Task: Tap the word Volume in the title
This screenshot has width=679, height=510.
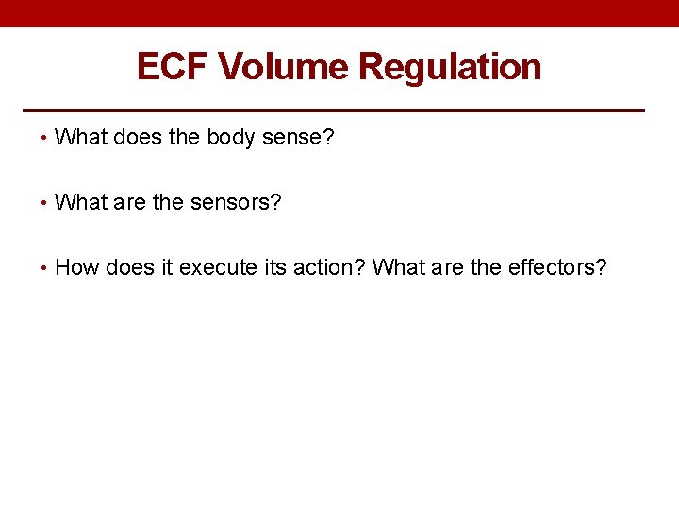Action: (284, 67)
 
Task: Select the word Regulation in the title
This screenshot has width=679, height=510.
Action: (451, 67)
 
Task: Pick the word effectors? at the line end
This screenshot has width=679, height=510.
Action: (557, 267)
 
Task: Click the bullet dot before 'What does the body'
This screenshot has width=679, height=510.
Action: (44, 139)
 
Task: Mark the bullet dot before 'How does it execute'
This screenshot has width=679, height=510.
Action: (44, 268)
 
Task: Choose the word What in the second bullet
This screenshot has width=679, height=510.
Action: (81, 203)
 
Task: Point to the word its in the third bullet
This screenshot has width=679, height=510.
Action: (275, 267)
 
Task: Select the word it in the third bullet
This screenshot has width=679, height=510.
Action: (166, 267)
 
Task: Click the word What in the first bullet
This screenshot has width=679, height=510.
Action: (81, 138)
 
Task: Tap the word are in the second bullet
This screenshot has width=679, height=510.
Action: (130, 203)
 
